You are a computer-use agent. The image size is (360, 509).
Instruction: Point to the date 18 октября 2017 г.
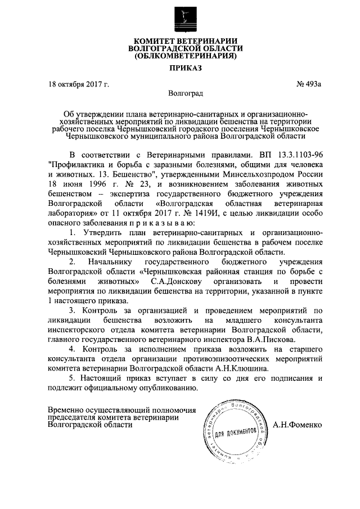tap(79, 84)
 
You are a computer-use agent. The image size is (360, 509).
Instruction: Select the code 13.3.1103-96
tap(296, 155)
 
